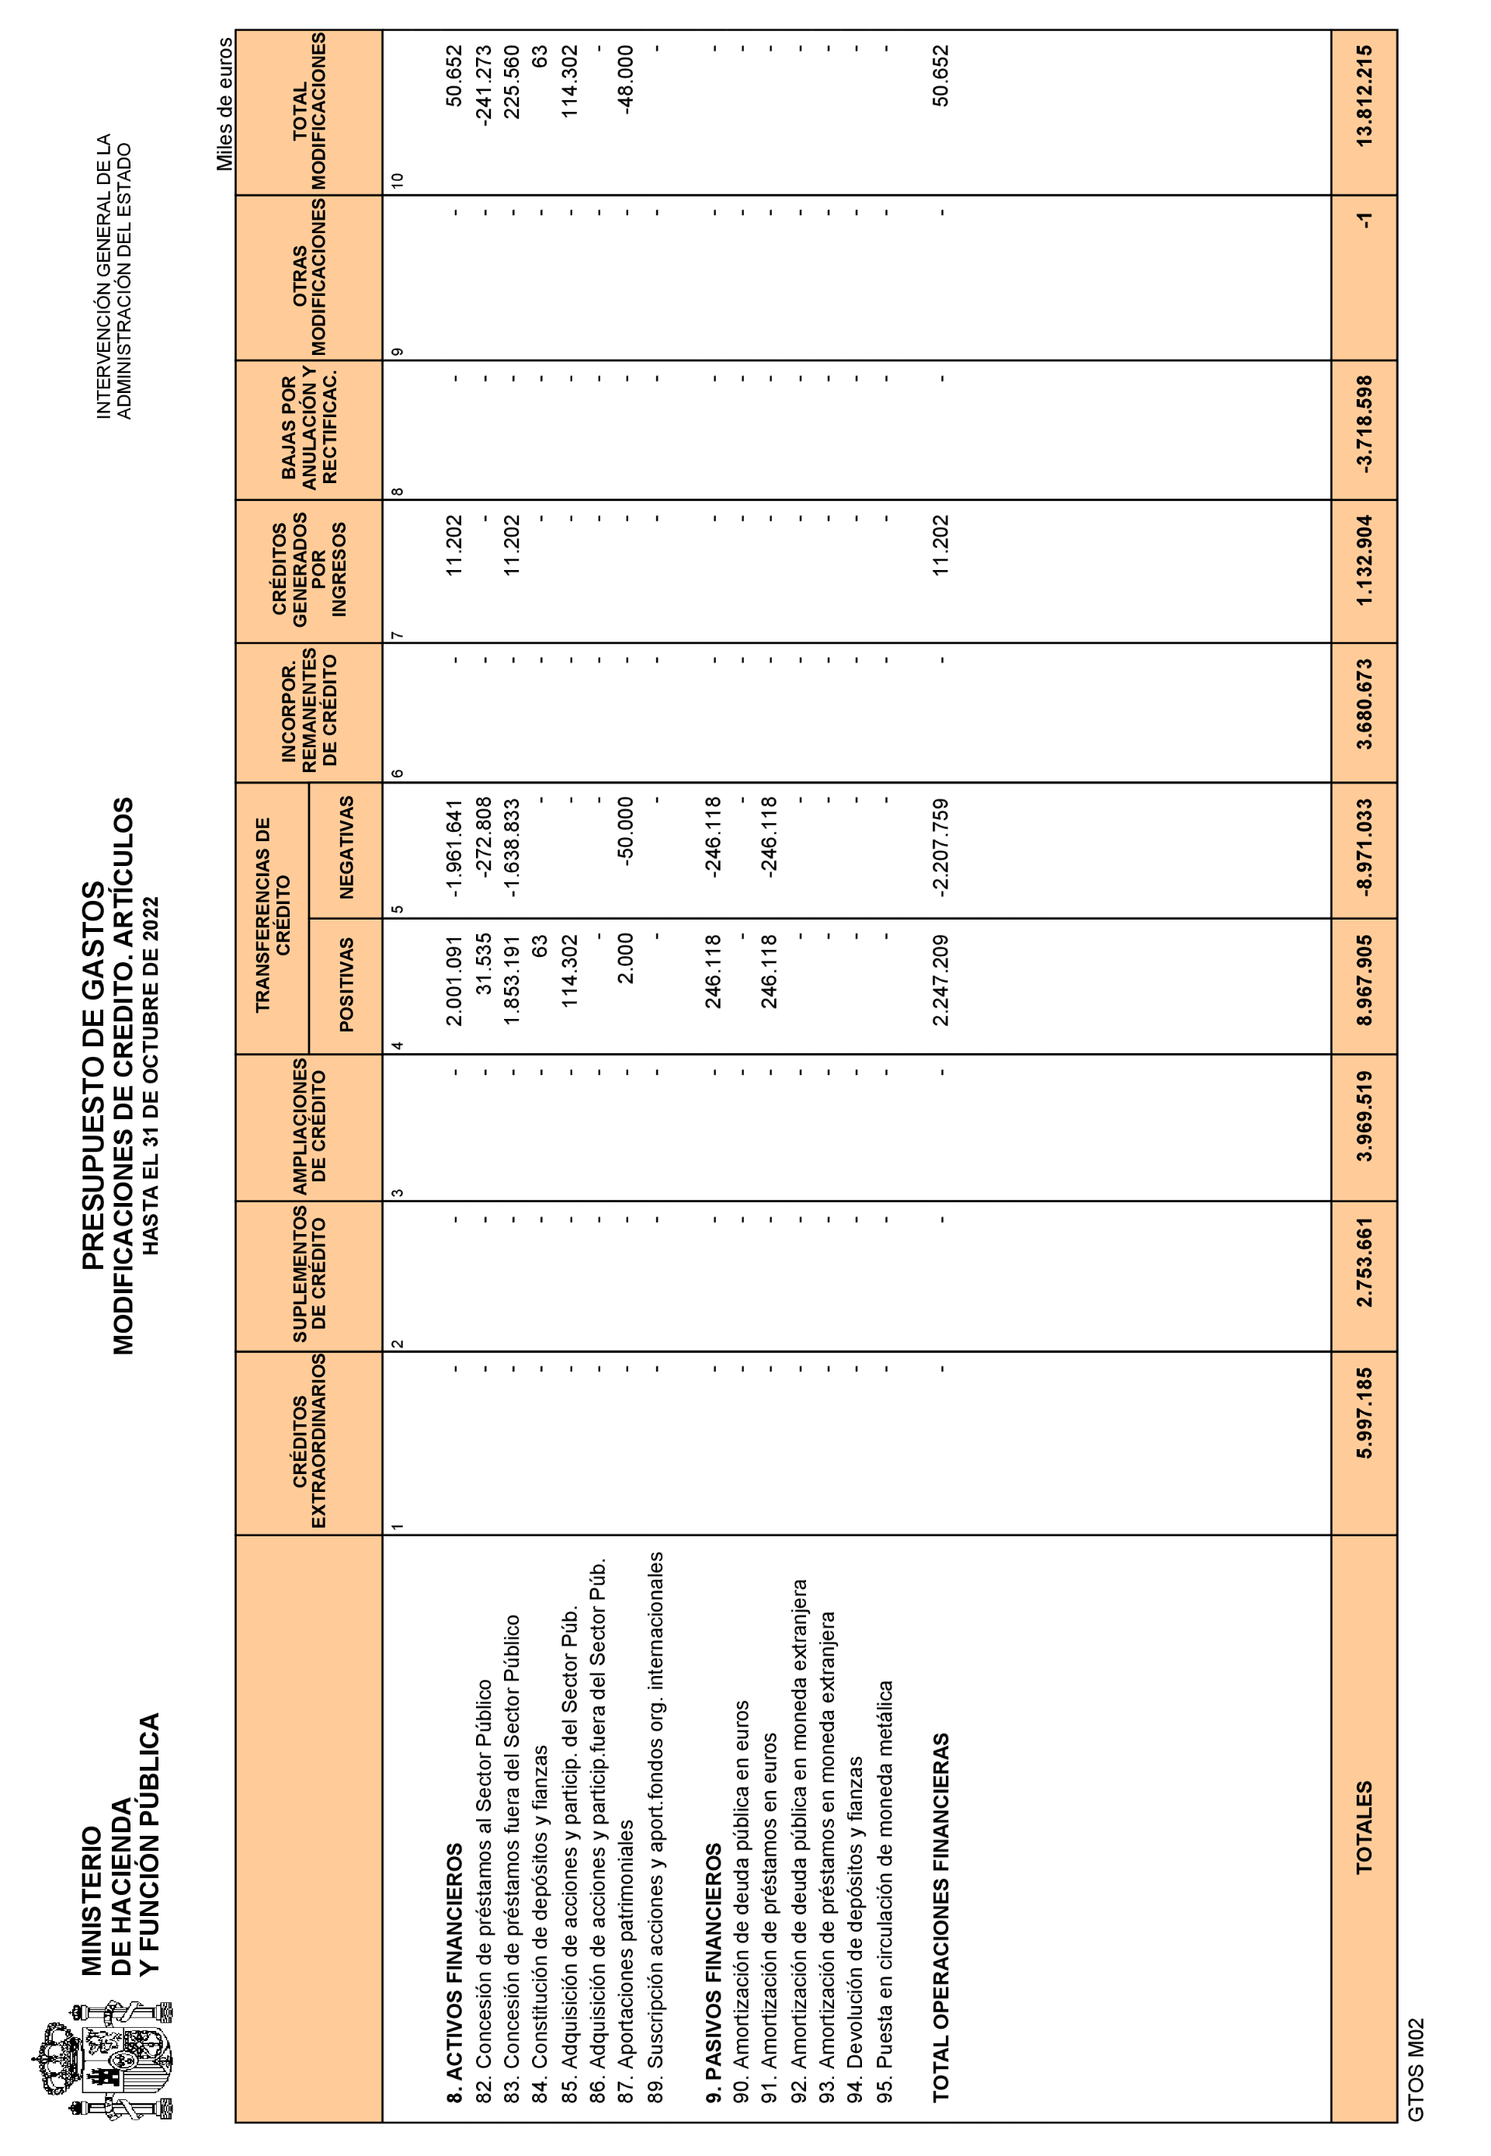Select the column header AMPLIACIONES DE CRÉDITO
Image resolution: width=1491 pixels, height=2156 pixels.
click(308, 1127)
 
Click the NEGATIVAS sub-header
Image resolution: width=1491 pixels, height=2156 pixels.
click(346, 848)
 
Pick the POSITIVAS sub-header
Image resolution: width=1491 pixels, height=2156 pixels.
click(346, 985)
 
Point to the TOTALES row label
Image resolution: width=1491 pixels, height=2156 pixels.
click(1364, 1826)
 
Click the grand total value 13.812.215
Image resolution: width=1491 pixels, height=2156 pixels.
click(1364, 96)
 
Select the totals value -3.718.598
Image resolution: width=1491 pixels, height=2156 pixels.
click(1364, 424)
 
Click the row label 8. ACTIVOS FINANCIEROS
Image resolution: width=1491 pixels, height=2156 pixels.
click(454, 1972)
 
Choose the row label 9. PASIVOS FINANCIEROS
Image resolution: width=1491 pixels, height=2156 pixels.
click(714, 1972)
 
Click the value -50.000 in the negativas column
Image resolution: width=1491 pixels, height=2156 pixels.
click(626, 831)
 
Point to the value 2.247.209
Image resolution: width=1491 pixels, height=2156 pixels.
click(940, 980)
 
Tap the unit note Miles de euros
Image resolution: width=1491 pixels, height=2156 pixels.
click(224, 104)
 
